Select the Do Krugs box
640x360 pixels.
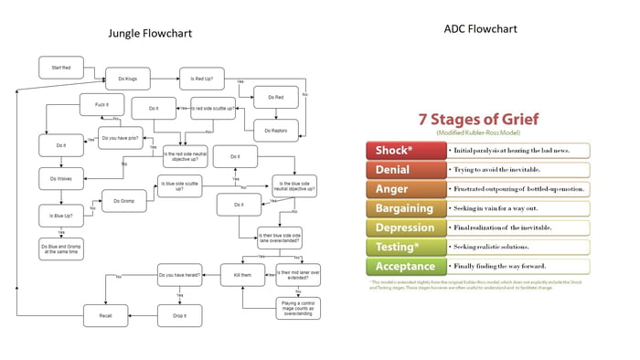(127, 79)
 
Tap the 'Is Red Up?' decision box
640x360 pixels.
(202, 79)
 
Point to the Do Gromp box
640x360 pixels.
(123, 200)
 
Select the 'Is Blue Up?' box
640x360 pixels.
(60, 215)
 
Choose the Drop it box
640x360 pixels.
(178, 315)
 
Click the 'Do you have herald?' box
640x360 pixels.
(178, 273)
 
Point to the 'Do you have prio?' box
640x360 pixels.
(120, 139)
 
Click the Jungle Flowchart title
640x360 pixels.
(150, 34)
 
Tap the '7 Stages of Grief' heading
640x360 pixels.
(478, 120)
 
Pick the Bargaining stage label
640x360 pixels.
(404, 208)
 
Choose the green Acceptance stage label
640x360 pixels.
(404, 267)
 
